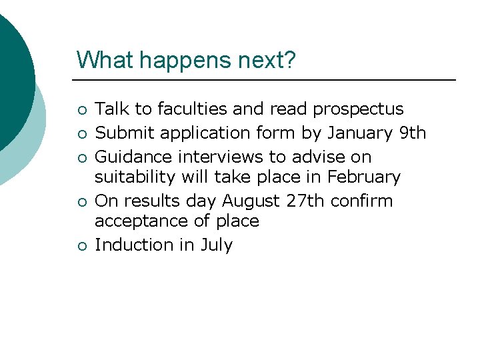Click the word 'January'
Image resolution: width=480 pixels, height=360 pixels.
coord(360,133)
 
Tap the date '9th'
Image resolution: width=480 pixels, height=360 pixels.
coord(412,133)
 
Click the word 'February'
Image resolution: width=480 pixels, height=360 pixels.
coord(364,177)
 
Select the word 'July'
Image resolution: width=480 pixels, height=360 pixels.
coord(216,245)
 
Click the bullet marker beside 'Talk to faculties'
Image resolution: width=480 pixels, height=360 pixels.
coord(81,110)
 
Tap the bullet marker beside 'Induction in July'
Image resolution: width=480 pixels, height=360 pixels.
coord(81,246)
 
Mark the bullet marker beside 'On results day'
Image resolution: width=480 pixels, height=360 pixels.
coord(81,202)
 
